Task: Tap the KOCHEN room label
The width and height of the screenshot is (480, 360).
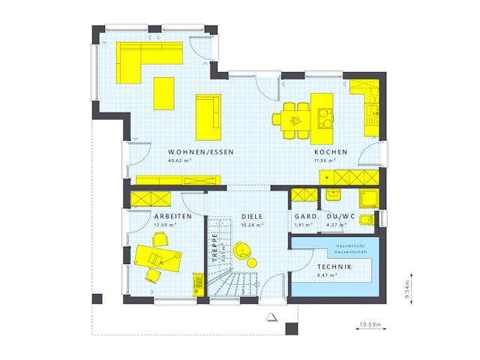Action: pos(331,152)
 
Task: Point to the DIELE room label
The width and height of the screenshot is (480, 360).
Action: pos(251,216)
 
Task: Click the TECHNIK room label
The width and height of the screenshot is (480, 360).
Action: pos(332,267)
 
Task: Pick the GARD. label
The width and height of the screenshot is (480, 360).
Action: pos(304,216)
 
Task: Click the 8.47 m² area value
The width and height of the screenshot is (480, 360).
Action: pos(327,275)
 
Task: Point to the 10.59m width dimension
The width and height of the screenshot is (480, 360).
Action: pos(369,325)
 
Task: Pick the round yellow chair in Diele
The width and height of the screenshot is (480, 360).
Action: pos(243,251)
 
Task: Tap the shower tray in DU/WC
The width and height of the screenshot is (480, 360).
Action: pos(369,199)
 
